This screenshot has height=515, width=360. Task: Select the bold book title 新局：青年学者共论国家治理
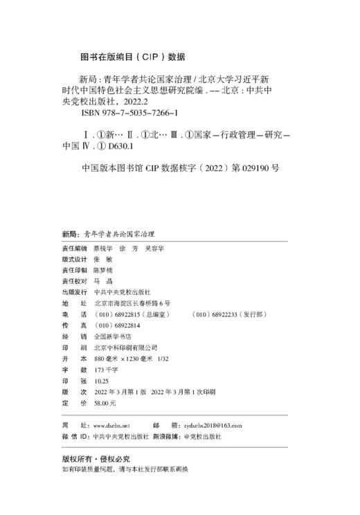(108, 235)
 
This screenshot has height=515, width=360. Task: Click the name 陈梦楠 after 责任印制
(102, 271)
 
